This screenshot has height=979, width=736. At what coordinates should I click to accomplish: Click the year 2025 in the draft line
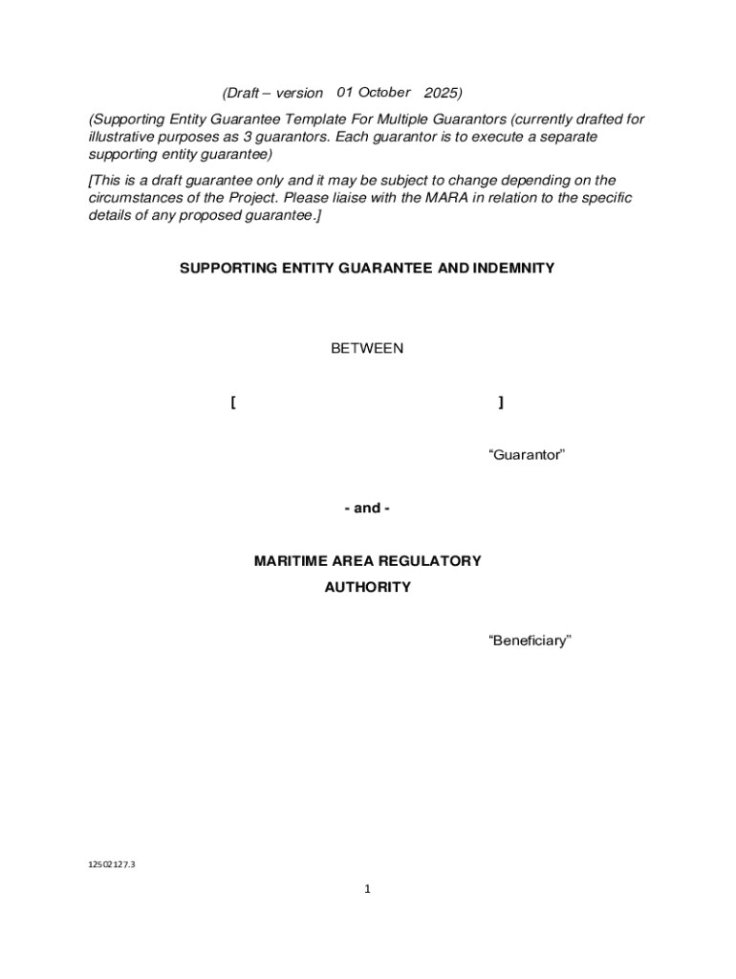(x=443, y=93)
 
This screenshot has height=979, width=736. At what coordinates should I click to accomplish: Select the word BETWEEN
(x=367, y=348)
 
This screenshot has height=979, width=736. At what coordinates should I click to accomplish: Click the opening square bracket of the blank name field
(x=233, y=402)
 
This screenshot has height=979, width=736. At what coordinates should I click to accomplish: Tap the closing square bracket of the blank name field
(x=501, y=402)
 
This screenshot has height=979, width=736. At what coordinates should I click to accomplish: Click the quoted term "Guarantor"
(x=527, y=454)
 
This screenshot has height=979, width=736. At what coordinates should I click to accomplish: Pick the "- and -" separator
(x=367, y=508)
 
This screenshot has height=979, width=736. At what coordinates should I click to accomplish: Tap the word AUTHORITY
(x=367, y=587)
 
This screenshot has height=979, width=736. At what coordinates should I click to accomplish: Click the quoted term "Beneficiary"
(x=530, y=640)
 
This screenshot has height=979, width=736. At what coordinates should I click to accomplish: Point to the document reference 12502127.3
(x=112, y=864)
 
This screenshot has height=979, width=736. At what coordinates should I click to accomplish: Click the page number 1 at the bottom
(x=367, y=889)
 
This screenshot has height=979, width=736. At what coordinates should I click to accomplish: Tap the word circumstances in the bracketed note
(x=134, y=198)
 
